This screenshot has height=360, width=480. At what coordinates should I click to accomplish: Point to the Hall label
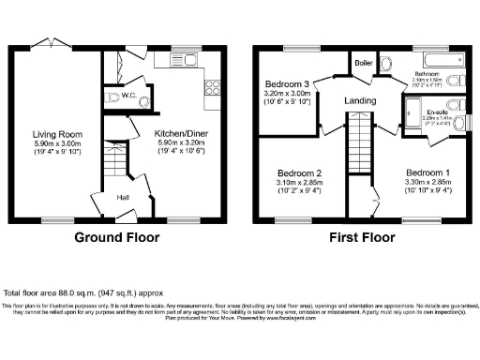point(122,197)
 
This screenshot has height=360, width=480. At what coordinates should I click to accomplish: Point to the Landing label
point(360,101)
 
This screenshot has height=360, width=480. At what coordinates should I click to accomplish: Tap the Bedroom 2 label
point(300,173)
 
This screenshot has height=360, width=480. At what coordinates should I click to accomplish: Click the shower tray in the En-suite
point(410,118)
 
